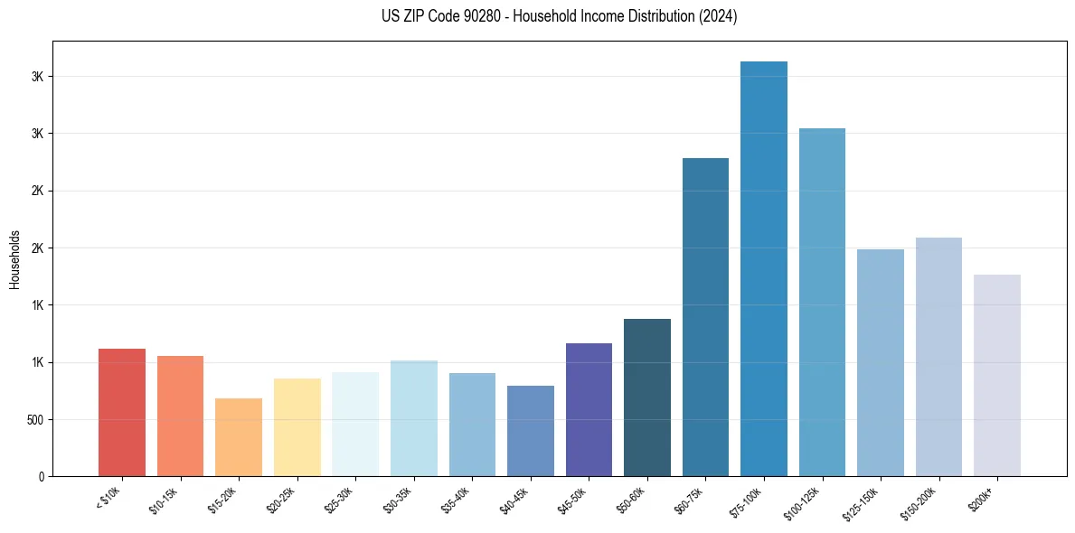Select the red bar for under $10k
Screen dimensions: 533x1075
122,412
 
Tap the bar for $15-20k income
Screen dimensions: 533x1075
239,437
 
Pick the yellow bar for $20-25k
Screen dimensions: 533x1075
297,427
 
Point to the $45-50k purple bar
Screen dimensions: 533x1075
589,409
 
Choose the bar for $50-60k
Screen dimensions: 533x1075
647,397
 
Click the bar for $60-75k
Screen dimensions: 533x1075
705,317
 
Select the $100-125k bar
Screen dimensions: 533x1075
822,302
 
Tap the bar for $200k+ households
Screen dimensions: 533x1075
997,375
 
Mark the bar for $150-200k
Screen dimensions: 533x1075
938,357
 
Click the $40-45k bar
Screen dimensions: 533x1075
531,431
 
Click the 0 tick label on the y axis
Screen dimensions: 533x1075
41,477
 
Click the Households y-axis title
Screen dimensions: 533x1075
14,259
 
